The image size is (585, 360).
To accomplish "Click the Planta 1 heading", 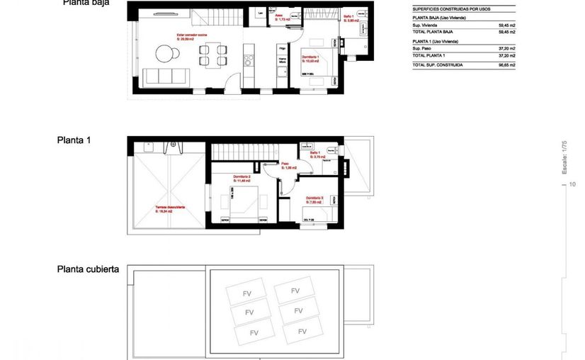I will (74, 140).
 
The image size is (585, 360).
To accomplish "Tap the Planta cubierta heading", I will (88, 270).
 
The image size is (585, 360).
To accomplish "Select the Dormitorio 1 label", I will (310, 57).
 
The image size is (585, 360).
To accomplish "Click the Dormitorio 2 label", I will (242, 177).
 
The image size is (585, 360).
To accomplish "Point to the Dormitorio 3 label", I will (314, 198).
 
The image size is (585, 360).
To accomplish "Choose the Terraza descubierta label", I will (170, 207).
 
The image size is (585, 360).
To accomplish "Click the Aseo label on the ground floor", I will (280, 16).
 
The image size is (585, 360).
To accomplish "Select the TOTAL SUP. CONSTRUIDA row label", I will (437, 64).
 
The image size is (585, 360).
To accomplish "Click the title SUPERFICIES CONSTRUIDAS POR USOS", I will (450, 9).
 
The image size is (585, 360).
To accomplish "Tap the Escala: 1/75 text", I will (564, 157).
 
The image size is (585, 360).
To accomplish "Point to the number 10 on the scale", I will (572, 184).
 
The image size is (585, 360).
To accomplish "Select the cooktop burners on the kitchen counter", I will (248, 60).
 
